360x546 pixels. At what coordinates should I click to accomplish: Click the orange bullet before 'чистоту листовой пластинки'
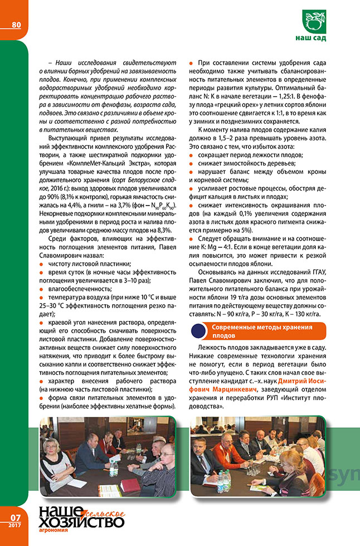[x=42, y=264]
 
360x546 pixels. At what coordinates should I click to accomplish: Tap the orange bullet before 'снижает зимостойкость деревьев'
[x=192, y=163]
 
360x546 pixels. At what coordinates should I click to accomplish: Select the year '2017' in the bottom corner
[x=15, y=526]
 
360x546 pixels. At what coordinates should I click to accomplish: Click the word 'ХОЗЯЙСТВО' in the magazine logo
[x=81, y=521]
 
